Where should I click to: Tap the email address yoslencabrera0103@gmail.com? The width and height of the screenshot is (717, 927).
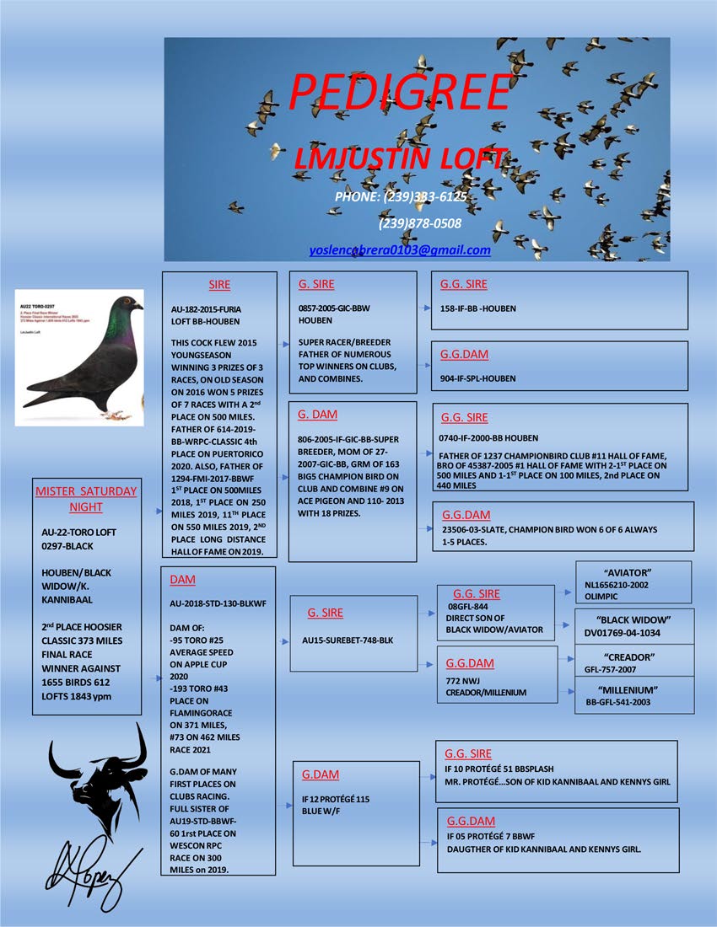[400, 250]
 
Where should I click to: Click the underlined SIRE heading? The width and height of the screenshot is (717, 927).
[219, 285]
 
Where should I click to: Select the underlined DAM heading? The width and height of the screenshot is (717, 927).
[182, 580]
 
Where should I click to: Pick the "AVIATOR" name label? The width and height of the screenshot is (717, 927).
[632, 572]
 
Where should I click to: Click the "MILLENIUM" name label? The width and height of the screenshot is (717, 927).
[632, 689]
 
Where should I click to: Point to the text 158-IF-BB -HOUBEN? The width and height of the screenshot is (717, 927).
[478, 309]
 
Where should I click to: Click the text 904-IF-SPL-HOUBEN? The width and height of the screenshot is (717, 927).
[478, 379]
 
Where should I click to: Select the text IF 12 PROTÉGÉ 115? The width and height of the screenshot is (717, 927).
[336, 798]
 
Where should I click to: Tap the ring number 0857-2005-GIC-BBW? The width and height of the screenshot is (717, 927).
[334, 309]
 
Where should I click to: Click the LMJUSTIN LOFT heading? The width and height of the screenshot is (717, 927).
[400, 158]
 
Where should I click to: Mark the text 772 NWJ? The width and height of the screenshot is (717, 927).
[462, 679]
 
